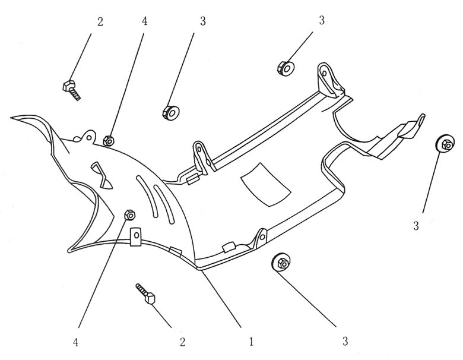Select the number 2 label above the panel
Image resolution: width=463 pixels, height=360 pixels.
pos(100,21)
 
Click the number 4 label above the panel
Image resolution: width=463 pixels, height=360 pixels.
pos(144,21)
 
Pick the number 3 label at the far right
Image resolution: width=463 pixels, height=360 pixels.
pos(416,225)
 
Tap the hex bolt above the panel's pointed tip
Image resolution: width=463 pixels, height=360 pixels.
pos(70,89)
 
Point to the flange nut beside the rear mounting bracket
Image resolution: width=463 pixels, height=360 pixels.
pos(286,67)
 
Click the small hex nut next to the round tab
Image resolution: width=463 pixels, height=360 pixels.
pos(109,141)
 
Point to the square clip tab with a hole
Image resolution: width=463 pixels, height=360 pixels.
pos(135,235)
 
